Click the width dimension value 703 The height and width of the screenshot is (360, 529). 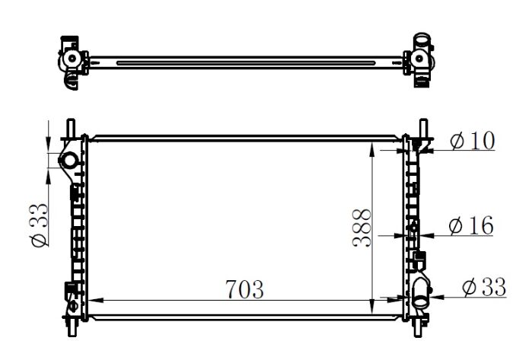tap(244, 290)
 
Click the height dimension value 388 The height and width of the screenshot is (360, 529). tap(362, 229)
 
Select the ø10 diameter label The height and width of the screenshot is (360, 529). tap(472, 141)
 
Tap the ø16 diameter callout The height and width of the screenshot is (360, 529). tap(471, 225)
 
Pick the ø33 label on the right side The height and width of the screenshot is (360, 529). tap(484, 287)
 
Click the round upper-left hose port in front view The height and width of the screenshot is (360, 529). tap(69, 160)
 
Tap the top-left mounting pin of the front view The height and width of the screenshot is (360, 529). tap(71, 127)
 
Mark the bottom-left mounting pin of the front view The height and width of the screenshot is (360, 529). tap(71, 326)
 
